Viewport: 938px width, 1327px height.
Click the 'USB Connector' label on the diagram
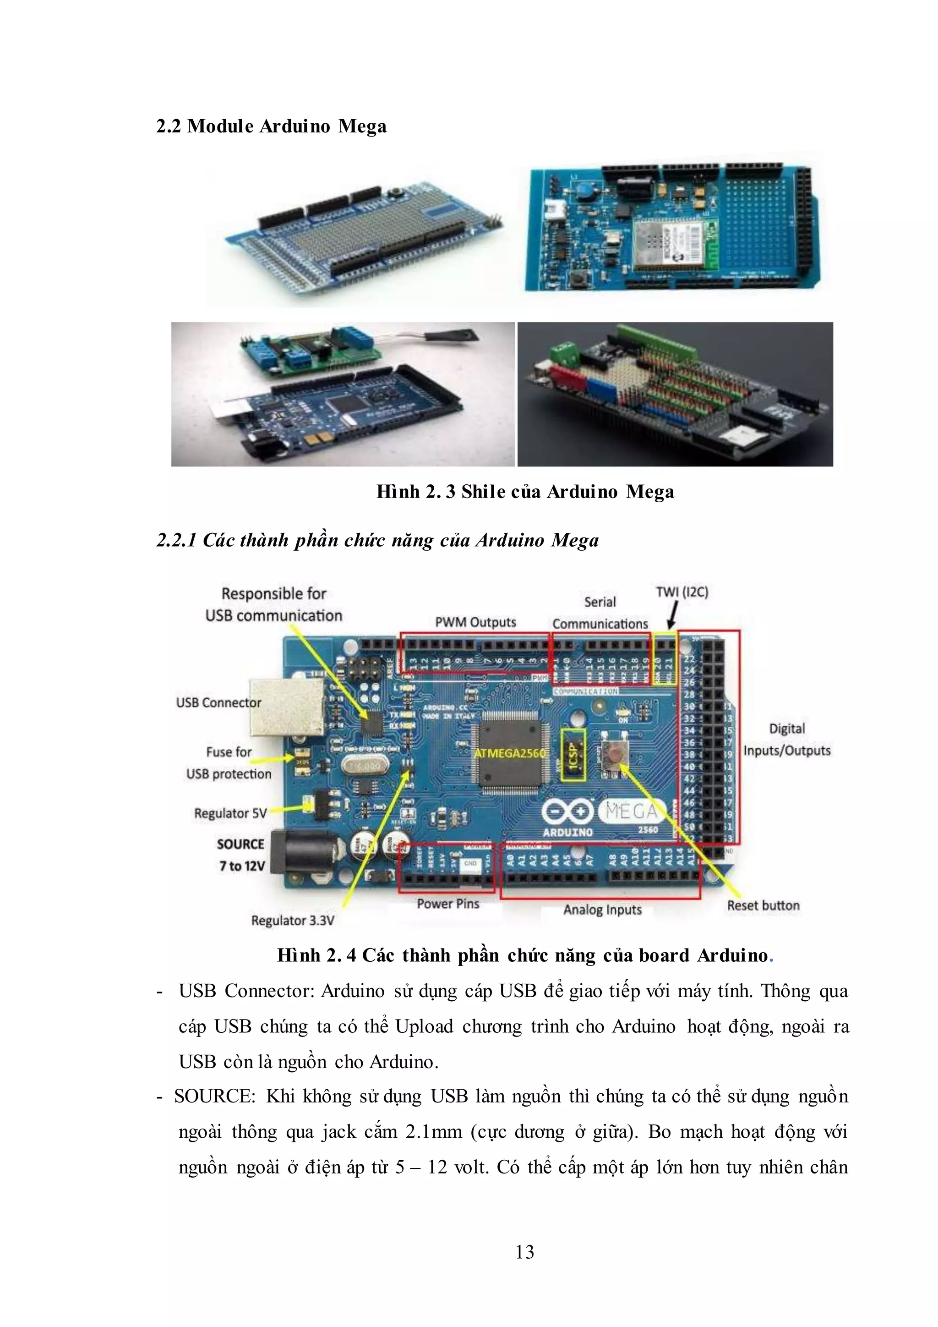tap(218, 703)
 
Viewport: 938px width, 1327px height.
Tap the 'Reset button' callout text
tap(763, 905)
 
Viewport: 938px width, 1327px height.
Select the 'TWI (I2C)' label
tap(682, 592)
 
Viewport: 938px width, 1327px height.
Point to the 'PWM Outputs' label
tap(475, 622)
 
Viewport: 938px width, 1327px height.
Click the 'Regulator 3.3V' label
tap(292, 920)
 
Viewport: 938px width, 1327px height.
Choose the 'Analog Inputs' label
tap(602, 910)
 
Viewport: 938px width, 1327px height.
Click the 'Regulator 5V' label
tap(230, 813)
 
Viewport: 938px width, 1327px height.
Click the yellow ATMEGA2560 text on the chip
tap(510, 754)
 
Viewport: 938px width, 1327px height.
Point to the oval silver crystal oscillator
tap(361, 767)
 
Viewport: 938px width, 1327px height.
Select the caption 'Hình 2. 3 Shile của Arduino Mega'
tap(525, 492)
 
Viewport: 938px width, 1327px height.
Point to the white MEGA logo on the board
tap(631, 812)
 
